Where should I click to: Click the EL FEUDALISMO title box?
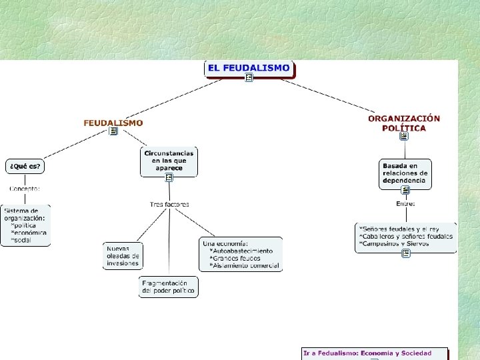(x=249, y=68)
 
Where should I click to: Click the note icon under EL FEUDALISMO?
(x=249, y=78)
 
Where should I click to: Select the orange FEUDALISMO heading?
(x=113, y=123)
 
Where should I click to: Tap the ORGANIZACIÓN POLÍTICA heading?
(x=404, y=123)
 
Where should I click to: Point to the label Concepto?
(x=25, y=188)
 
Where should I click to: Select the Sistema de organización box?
(x=25, y=225)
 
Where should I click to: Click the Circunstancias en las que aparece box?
(x=169, y=161)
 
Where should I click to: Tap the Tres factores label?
(x=169, y=204)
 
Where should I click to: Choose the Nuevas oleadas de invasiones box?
(x=123, y=255)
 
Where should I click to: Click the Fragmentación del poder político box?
(x=169, y=287)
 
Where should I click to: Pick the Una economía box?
(x=240, y=254)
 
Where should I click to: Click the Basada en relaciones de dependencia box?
(x=405, y=173)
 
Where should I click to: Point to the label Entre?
(x=405, y=203)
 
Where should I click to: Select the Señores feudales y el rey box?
(x=405, y=237)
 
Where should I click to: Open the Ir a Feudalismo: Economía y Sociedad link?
(x=367, y=353)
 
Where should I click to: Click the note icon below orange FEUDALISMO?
(x=113, y=131)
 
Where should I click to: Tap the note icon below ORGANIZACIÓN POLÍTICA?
(x=404, y=136)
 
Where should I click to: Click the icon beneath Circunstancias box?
(x=169, y=177)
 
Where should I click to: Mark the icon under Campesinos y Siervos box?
(x=405, y=253)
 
